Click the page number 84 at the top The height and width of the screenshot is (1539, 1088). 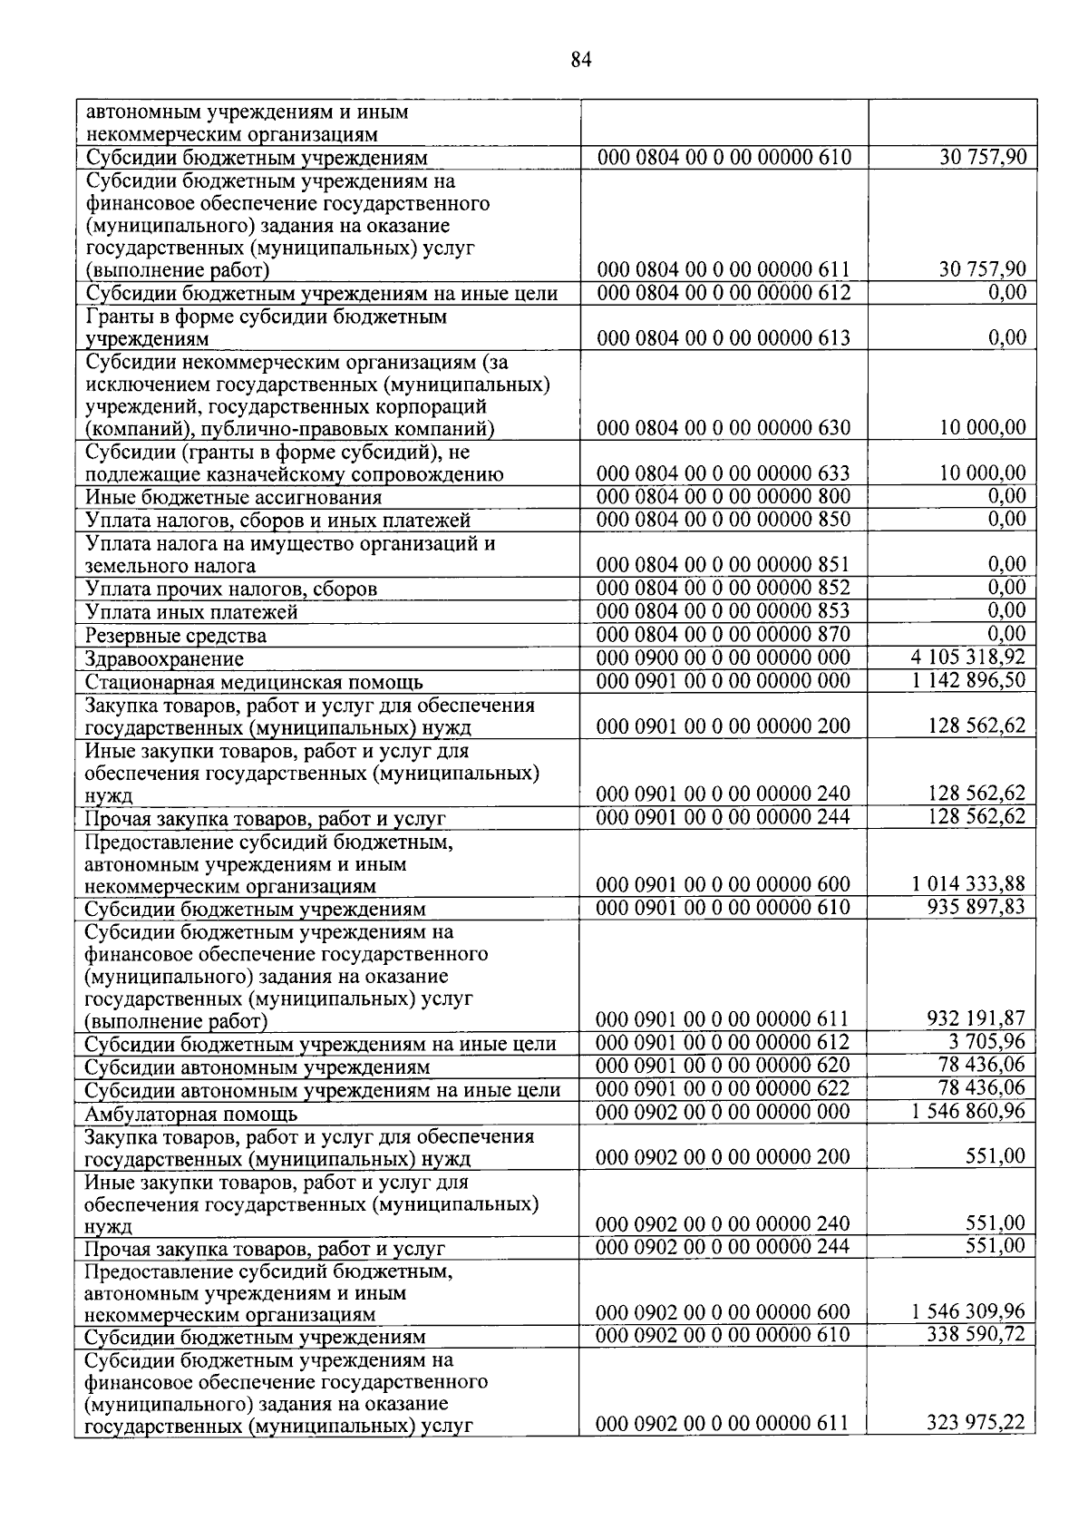point(581,61)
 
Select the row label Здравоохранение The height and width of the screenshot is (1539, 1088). point(164,659)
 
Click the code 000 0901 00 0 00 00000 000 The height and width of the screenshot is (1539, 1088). point(724,681)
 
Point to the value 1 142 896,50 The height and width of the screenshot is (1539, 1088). point(968,680)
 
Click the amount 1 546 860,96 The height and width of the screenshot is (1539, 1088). point(968,1112)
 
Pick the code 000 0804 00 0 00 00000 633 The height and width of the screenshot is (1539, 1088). point(724,473)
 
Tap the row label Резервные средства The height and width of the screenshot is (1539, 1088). point(176,636)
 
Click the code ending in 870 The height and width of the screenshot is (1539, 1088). point(724,634)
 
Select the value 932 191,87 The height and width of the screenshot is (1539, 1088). point(976,1019)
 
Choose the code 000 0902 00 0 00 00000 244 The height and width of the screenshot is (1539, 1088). point(724,1247)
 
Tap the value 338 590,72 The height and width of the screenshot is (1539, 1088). point(976,1335)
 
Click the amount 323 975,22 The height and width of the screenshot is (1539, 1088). point(976,1424)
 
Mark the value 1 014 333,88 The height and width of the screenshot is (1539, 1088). point(968,884)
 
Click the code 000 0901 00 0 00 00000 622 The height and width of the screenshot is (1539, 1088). point(724,1088)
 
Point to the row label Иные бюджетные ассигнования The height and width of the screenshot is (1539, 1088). point(233,498)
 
